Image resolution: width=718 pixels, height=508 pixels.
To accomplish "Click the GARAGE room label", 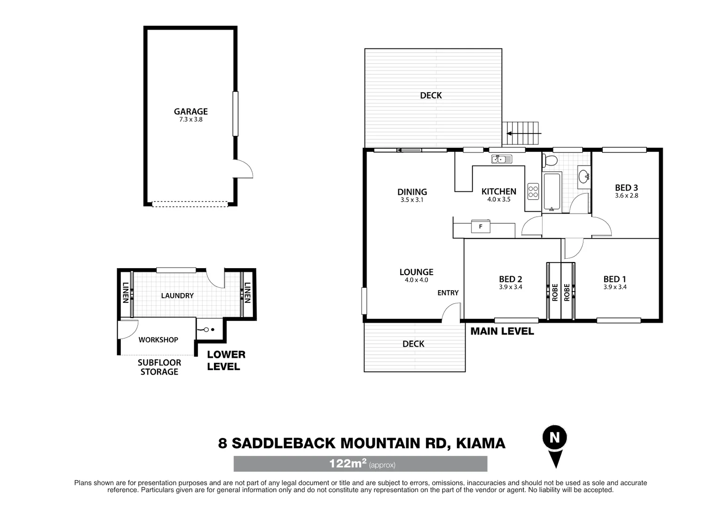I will pos(190,111).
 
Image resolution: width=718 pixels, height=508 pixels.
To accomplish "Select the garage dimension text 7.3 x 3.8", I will pos(190,119).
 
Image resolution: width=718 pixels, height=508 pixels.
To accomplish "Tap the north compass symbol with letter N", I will pos(555,438).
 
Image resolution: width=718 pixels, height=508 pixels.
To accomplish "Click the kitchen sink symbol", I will pos(502,159).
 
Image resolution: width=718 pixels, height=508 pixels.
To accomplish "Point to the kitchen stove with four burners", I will pos(533,191).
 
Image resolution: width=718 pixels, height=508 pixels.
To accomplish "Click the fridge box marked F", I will pos(481,227).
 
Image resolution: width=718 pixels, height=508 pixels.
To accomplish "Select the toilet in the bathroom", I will pos(550,160).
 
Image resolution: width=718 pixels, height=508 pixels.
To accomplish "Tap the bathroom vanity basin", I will pos(584,177).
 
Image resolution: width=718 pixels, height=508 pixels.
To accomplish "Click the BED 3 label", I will pos(626,188).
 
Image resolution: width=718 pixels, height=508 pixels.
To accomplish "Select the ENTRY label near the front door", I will pos(448,293).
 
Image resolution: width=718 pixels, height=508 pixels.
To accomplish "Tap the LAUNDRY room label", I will pos(177,295).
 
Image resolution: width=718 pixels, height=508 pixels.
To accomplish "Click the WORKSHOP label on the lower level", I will pos(158,340).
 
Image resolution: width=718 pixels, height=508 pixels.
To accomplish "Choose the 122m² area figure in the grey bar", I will pos(347,464).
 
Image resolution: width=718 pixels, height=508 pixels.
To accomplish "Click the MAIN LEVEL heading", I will pos(502,331).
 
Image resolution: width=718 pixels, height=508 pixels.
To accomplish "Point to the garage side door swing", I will pos(244,168).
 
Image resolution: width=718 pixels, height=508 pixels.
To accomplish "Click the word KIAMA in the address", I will pos(481,443).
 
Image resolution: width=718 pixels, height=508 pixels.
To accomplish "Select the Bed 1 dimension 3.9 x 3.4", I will pos(615,287).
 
